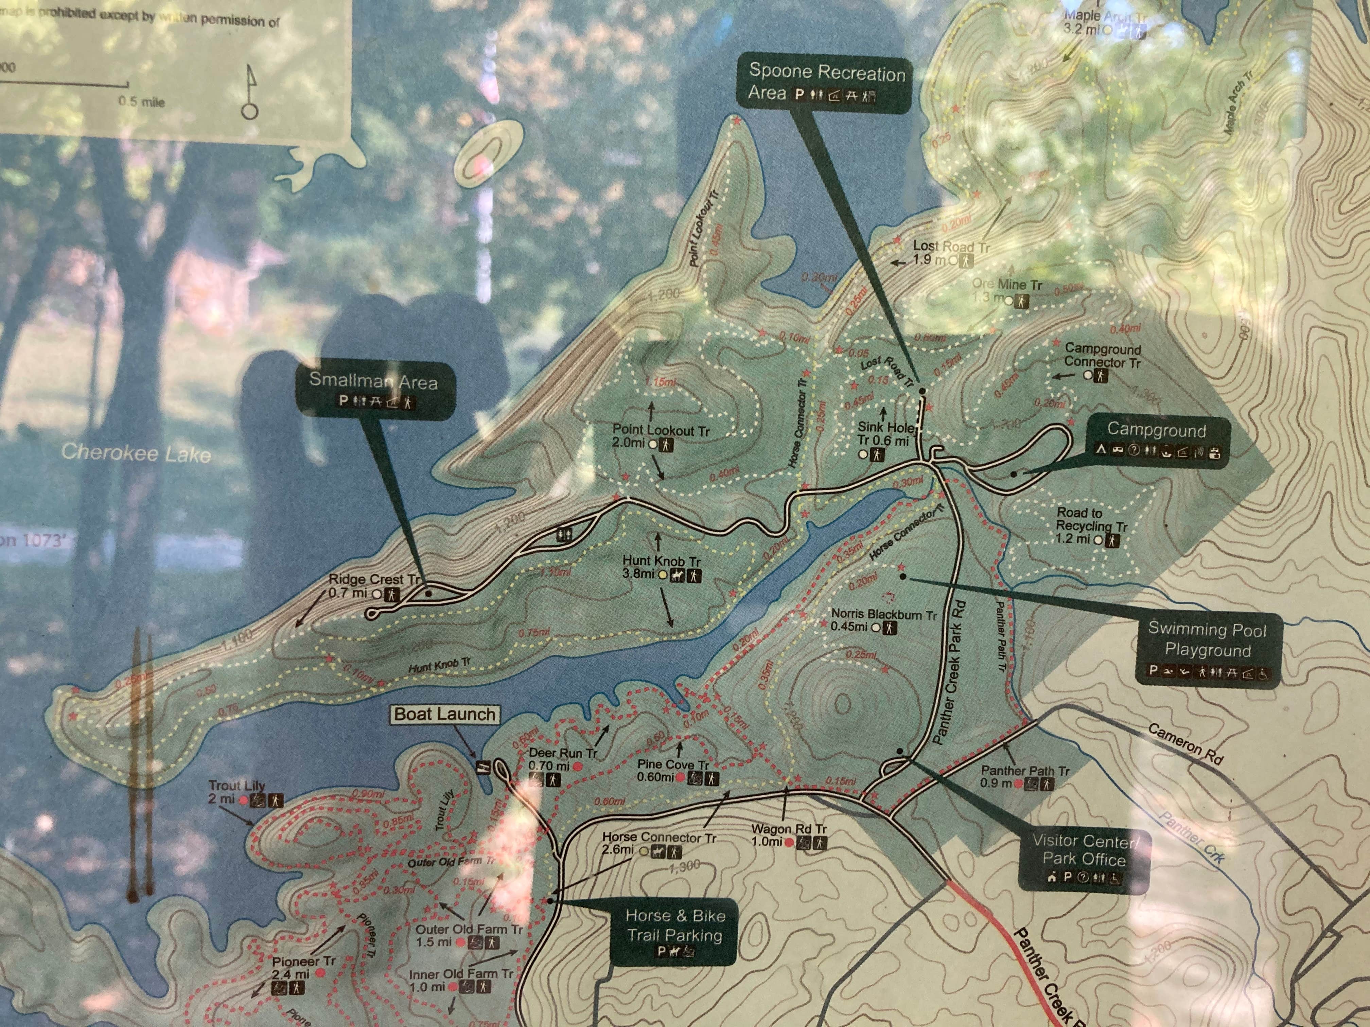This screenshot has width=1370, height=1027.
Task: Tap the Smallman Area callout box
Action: pyautogui.click(x=374, y=390)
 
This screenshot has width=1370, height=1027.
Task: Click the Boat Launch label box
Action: pyautogui.click(x=445, y=714)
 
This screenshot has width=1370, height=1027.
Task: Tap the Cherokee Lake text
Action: pyautogui.click(x=136, y=453)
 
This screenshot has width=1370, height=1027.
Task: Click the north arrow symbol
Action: pyautogui.click(x=250, y=93)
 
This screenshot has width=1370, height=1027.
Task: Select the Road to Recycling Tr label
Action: pyautogui.click(x=1091, y=526)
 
